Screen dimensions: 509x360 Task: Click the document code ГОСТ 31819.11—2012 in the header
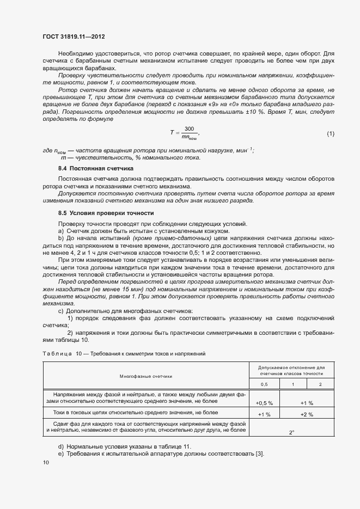(73, 36)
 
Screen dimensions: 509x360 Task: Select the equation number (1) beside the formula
(330, 133)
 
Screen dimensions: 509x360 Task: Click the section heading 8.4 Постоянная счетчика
(95, 169)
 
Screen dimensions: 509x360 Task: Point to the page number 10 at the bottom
(46, 462)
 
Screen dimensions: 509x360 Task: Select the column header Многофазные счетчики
(145, 376)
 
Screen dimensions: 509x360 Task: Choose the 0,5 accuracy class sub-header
(264, 384)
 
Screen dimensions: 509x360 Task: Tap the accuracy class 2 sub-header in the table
(320, 384)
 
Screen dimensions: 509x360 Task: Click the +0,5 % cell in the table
(264, 403)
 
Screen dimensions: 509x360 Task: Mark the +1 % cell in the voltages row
(307, 403)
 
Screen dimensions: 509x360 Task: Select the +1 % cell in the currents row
(264, 414)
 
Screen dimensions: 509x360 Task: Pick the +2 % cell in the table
(307, 414)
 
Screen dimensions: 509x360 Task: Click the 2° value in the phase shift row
(291, 432)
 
